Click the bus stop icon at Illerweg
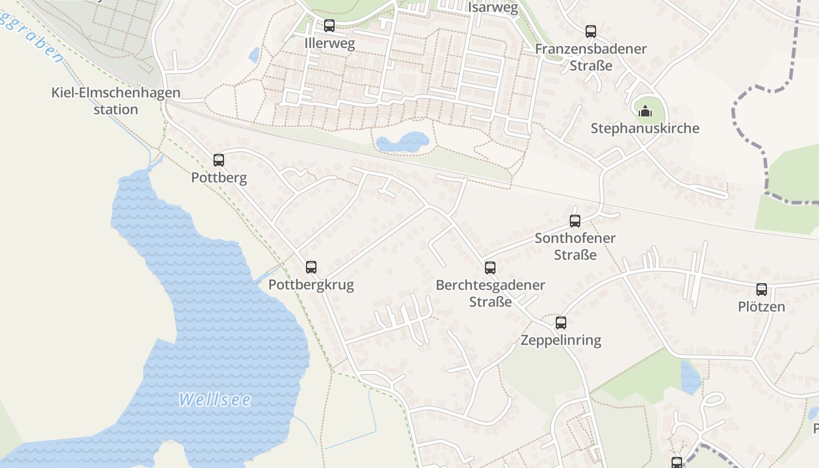coord(329,26)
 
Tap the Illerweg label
coord(329,44)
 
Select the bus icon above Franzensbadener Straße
coord(591,32)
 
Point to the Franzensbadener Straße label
coord(591,57)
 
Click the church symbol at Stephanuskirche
coord(645,111)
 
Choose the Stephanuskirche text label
coord(645,129)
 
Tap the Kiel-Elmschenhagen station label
coord(116,101)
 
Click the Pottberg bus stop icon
coord(219,160)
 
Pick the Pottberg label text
coord(219,178)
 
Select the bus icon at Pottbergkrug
coord(311,267)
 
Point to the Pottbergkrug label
coord(311,285)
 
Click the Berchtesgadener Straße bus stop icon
coord(490,268)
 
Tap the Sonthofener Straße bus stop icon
coord(575,221)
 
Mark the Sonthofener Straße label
coord(575,246)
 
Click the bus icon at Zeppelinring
coord(561,322)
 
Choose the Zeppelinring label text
coord(561,340)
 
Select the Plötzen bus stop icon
coord(762,289)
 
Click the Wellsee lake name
coord(215,400)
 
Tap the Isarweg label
coord(493,8)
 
